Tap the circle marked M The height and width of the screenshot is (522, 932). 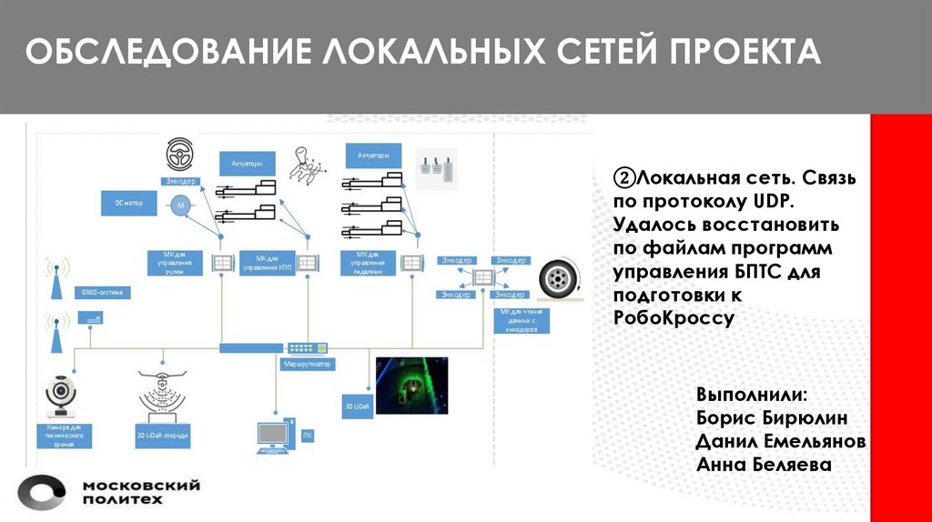(x=180, y=206)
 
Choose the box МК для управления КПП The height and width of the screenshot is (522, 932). (x=268, y=263)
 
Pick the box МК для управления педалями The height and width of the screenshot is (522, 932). (x=368, y=263)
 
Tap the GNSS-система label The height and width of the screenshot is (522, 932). (x=101, y=293)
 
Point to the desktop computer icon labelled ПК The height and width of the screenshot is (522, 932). (x=276, y=434)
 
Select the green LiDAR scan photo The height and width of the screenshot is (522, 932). (x=411, y=385)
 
